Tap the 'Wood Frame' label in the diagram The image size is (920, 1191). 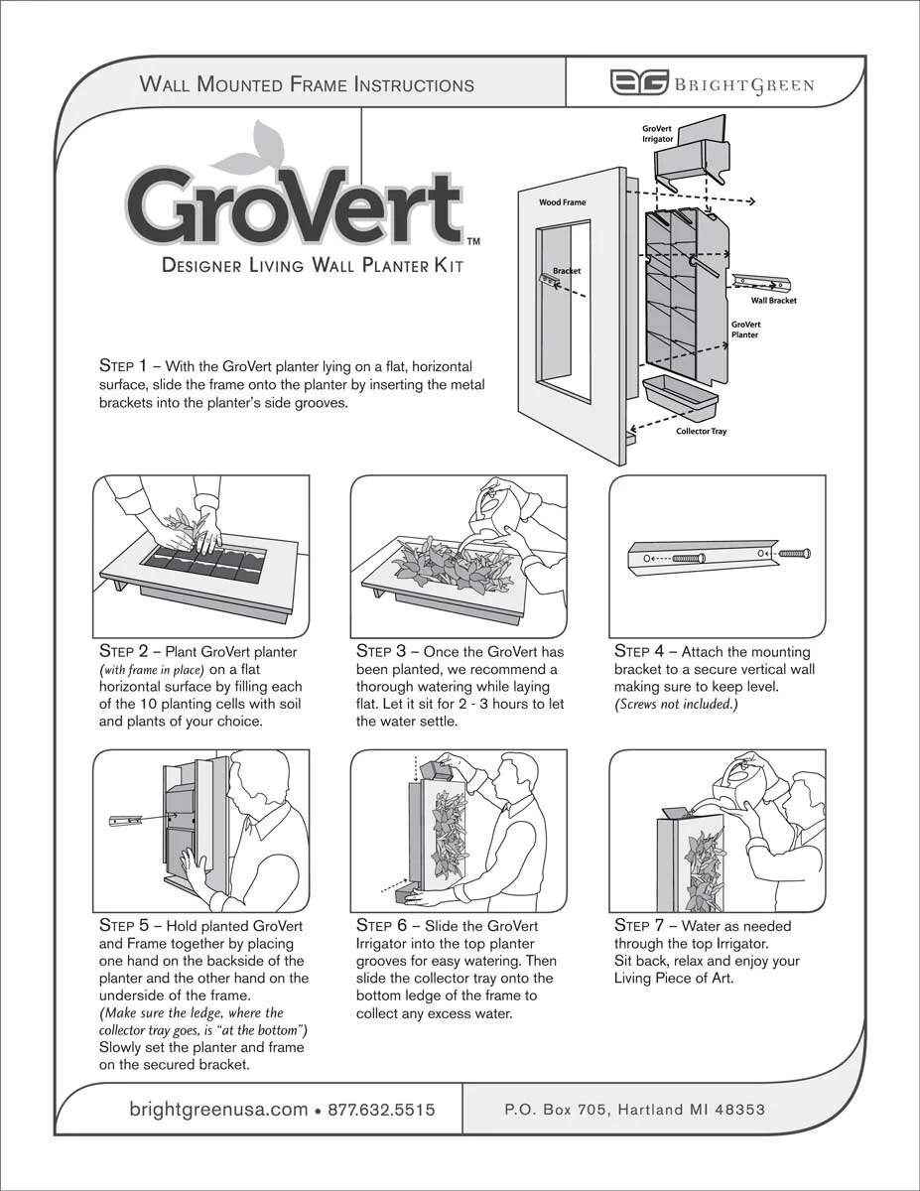coord(562,202)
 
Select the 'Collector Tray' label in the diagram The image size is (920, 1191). coord(701,432)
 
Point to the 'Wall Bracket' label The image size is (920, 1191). coord(773,300)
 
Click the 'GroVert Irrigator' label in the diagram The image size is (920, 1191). coord(658,134)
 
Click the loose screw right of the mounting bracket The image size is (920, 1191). coord(793,553)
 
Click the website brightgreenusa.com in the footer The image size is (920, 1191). coord(218,1110)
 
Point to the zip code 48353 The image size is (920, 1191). coord(737,1110)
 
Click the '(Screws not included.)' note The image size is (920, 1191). coord(676,705)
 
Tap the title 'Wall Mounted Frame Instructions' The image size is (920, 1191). coord(307,84)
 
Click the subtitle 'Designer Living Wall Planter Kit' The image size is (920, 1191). coord(312,265)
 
